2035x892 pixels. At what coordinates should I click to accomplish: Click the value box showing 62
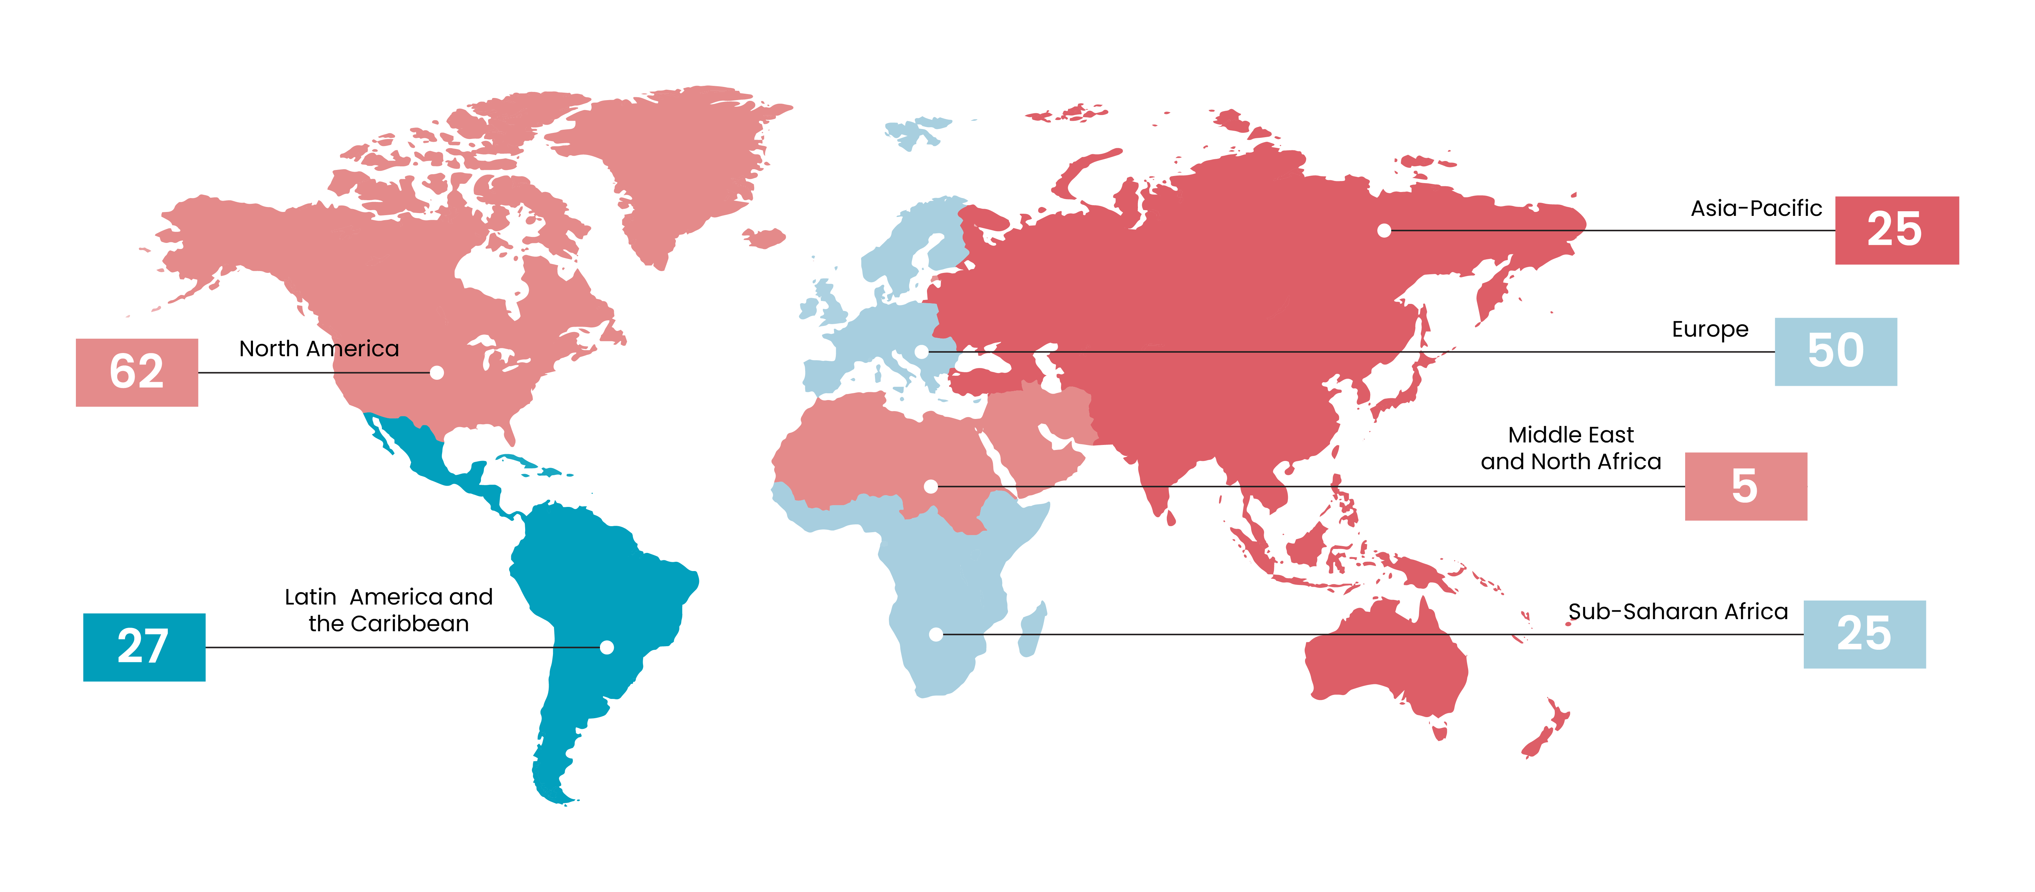137,372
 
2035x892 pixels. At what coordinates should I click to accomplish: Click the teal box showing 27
144,647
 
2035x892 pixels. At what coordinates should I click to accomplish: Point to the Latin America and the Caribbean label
389,610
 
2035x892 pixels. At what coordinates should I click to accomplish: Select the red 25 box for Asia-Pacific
1896,230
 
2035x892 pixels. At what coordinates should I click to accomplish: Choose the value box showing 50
1835,352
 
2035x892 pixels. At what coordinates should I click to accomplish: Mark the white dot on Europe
921,352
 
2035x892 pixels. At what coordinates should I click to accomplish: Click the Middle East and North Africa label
1570,448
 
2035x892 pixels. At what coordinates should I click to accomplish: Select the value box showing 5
1745,486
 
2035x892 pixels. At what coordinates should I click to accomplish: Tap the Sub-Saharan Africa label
1677,612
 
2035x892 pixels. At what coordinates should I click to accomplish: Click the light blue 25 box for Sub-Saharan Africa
1864,634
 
